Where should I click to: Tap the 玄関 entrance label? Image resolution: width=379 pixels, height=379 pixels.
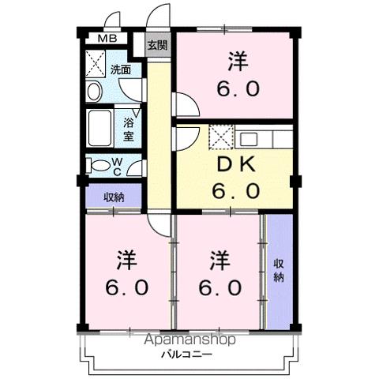point(156,45)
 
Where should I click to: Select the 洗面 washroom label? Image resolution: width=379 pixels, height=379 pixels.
point(121,69)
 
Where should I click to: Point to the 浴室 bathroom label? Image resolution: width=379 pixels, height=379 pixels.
point(129,129)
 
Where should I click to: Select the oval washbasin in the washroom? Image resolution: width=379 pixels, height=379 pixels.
point(94,92)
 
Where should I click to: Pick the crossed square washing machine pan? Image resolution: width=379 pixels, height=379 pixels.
point(96,62)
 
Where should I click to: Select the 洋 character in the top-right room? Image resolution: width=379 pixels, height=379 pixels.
point(236,60)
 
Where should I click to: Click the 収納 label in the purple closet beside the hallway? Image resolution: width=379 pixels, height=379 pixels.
point(114,197)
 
